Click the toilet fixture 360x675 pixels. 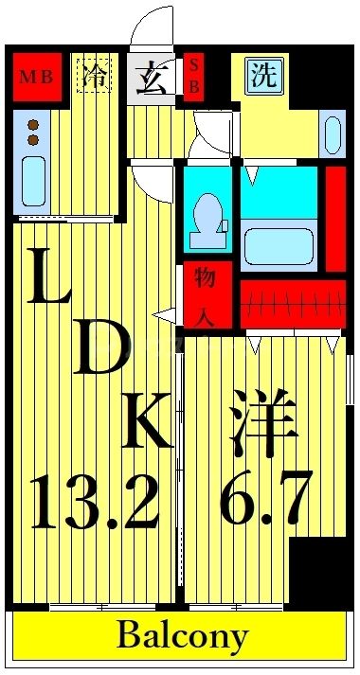click(206, 217)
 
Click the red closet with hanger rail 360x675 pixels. click(291, 304)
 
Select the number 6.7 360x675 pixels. click(264, 502)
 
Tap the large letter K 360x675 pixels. click(147, 421)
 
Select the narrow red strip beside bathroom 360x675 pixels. click(334, 217)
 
